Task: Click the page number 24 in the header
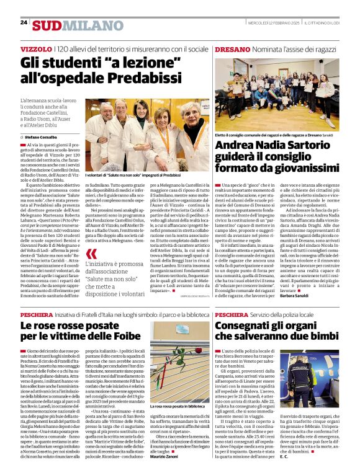24,22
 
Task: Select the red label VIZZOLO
36,48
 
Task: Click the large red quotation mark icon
92,254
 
